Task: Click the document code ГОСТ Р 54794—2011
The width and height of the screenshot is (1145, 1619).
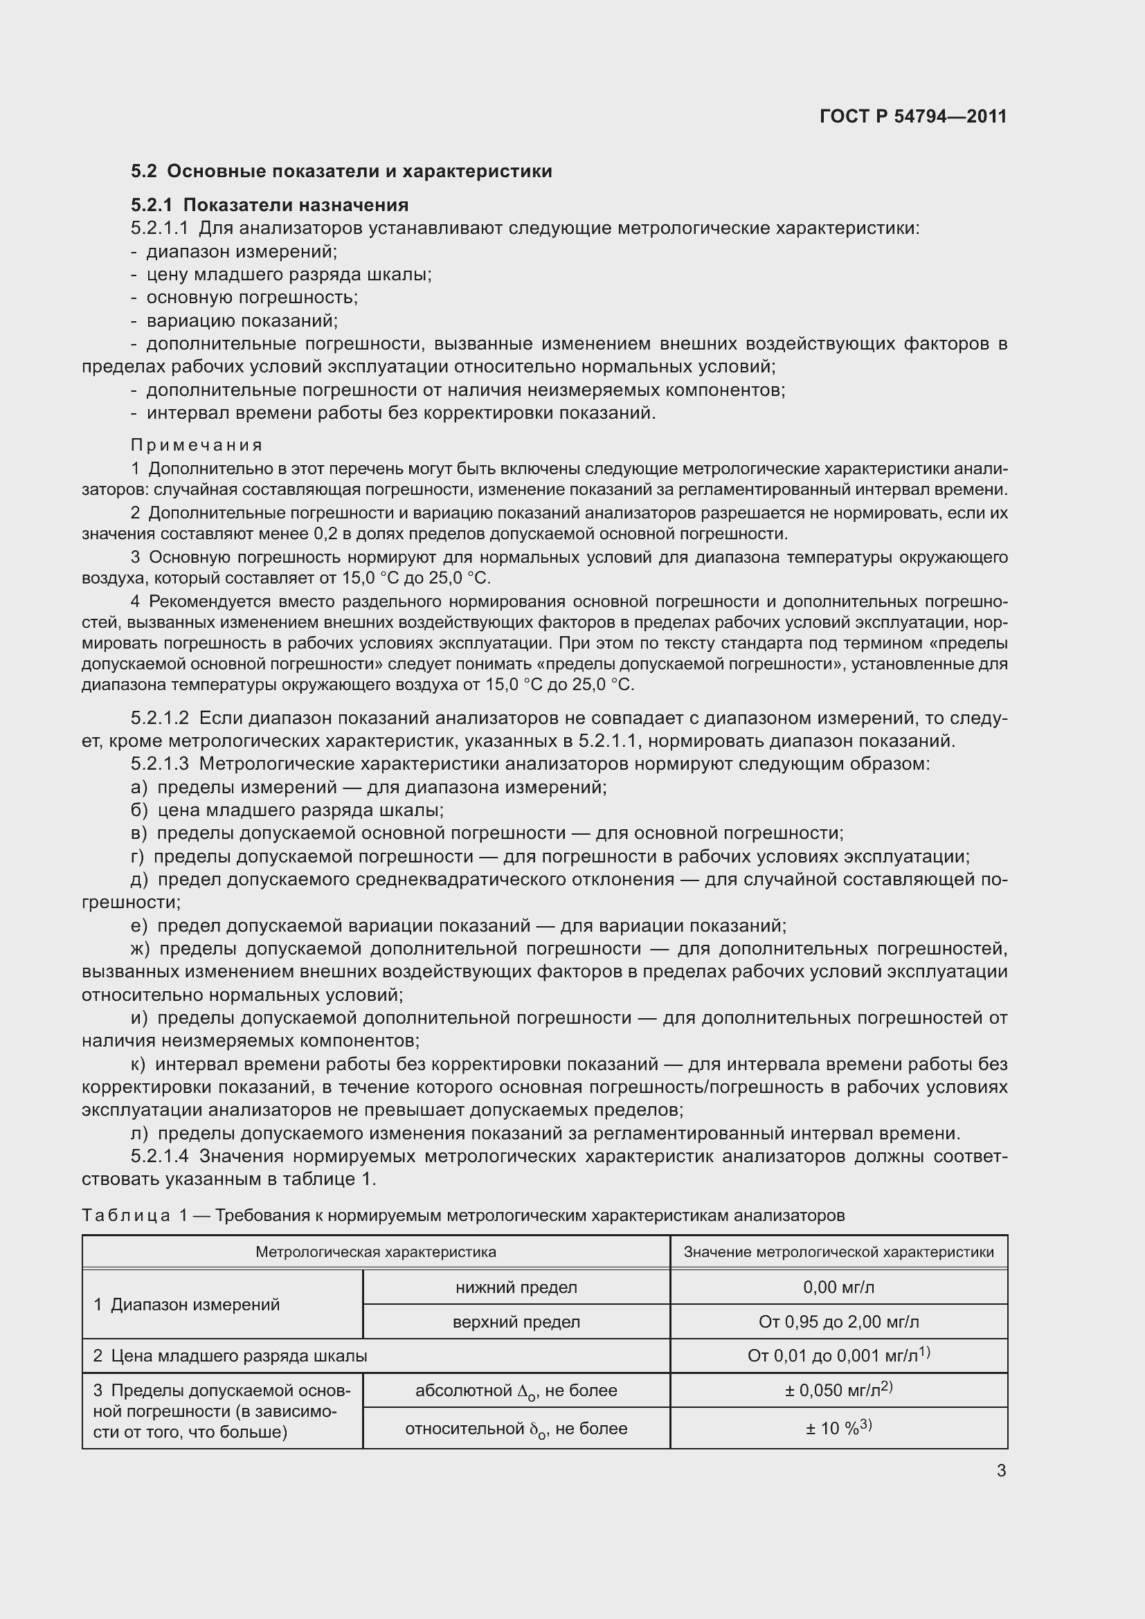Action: tap(913, 116)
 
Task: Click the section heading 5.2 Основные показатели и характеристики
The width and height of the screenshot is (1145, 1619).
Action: tap(341, 172)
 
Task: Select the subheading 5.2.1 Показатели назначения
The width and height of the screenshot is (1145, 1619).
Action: tap(269, 205)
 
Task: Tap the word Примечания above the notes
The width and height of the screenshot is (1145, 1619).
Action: tap(197, 445)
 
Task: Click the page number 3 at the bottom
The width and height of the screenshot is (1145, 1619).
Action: tap(1001, 1471)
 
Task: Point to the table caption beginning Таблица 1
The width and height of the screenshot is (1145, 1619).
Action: tap(462, 1215)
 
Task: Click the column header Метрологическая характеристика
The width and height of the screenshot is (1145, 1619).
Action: tap(375, 1251)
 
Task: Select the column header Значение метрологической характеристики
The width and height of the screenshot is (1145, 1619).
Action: tap(838, 1251)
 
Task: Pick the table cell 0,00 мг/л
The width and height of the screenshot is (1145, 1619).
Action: tap(838, 1287)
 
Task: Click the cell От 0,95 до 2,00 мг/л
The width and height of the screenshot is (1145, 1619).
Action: tap(838, 1321)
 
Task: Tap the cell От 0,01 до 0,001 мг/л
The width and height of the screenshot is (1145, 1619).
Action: tap(838, 1355)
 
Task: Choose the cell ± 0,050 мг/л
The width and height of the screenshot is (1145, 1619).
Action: tap(838, 1390)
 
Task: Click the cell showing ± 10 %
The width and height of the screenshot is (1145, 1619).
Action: tap(838, 1428)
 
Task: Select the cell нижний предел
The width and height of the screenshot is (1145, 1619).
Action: tap(516, 1287)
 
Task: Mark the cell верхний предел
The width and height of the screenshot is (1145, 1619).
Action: tap(516, 1321)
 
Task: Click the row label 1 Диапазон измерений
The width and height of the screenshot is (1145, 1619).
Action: tap(187, 1305)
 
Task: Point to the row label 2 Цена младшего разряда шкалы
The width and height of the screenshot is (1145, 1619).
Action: tap(231, 1355)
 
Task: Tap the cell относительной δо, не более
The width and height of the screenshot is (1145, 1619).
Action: tap(516, 1429)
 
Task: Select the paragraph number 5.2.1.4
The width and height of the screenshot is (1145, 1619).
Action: tap(160, 1157)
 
